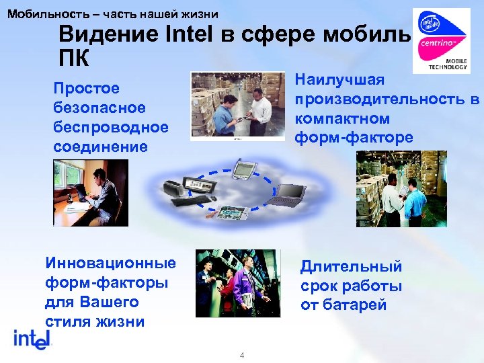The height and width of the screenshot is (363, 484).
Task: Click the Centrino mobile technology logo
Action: click(440, 40)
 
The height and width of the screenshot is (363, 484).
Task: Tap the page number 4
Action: click(242, 356)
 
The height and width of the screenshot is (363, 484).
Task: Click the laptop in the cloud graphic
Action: click(288, 195)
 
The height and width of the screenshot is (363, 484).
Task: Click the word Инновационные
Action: click(110, 263)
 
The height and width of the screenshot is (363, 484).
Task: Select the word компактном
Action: click(342, 119)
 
